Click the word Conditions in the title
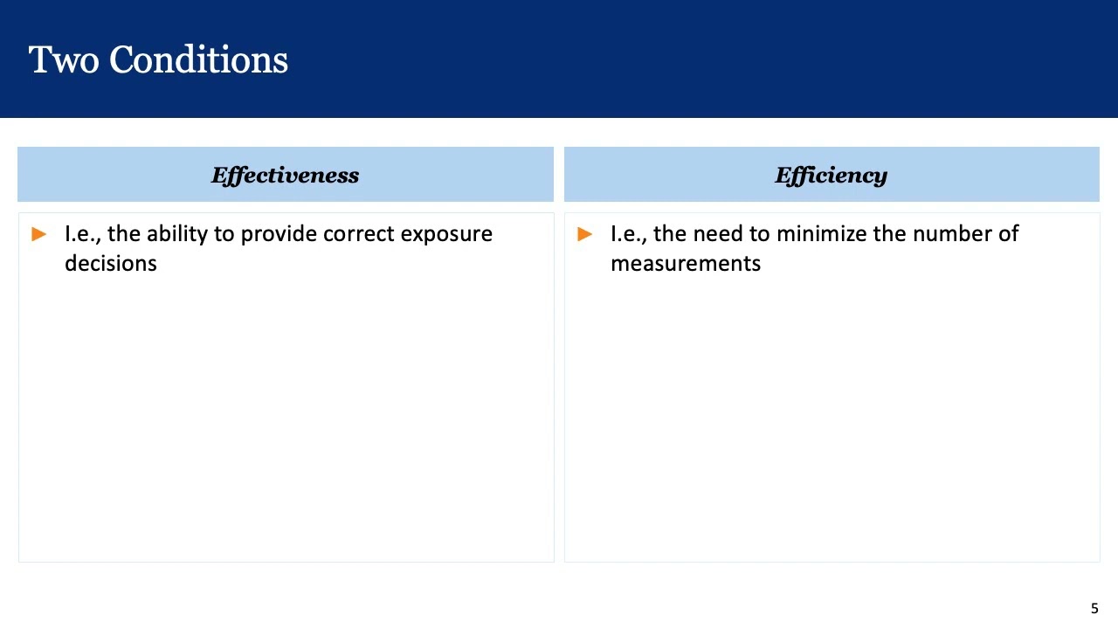coord(198,60)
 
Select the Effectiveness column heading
coord(285,176)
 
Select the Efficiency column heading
coord(831,176)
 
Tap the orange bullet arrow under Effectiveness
coord(39,234)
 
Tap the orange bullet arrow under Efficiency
coord(585,234)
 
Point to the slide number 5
coord(1094,609)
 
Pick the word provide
coord(279,234)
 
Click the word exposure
coord(446,234)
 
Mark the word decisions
coord(111,264)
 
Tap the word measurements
coord(686,264)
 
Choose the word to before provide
coord(224,234)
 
